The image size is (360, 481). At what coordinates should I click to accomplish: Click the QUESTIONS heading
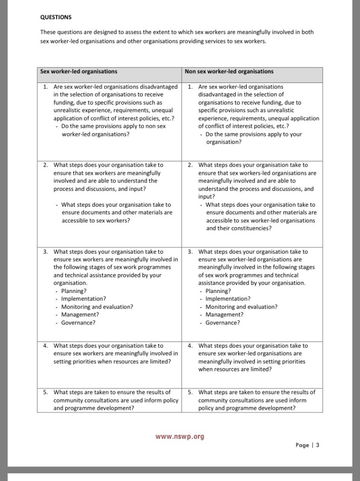pos(56,17)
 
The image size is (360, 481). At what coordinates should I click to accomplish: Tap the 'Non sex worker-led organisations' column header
pos(229,72)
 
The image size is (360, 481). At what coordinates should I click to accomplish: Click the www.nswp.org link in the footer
pos(179,437)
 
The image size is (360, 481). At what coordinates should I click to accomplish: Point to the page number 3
pos(318,445)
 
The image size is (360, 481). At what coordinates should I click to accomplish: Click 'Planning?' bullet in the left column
pos(74,291)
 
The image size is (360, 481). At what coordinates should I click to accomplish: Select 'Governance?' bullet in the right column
pos(222,322)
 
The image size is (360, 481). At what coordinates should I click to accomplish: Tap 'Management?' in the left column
pos(80,315)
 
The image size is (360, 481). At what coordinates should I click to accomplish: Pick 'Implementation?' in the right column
pos(228,299)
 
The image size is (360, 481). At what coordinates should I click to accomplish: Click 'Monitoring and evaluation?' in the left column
pos(97,307)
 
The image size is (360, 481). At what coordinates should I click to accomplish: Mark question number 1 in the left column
pos(46,87)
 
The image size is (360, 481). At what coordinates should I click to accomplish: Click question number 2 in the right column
pos(190,165)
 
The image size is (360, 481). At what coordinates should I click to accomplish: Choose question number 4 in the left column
pos(46,346)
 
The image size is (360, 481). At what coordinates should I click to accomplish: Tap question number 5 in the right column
pos(190,392)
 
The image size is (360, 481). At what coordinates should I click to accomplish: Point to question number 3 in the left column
pos(46,252)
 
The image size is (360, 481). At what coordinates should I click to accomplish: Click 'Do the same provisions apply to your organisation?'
pos(253,138)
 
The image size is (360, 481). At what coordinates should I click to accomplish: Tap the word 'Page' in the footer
pos(303,445)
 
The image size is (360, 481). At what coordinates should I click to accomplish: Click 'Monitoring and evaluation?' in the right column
pos(241,307)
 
